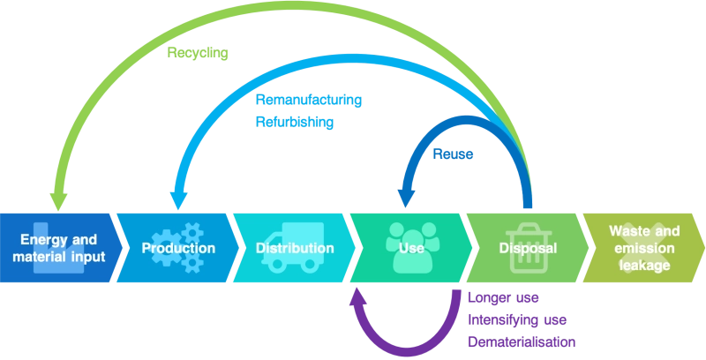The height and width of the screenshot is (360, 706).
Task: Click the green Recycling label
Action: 198,53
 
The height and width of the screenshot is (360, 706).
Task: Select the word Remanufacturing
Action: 309,100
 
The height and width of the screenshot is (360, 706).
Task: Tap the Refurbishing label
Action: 295,122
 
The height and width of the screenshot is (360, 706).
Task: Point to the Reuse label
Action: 453,154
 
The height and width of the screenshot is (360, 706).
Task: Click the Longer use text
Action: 503,298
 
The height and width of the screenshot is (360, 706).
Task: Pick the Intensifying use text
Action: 517,320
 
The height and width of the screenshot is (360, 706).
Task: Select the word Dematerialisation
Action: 522,342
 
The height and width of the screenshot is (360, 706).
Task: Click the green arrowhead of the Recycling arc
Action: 58,202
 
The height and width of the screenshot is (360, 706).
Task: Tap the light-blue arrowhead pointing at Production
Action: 179,201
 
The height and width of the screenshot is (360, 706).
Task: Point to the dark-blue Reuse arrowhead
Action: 405,199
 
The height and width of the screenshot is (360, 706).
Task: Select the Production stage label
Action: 179,248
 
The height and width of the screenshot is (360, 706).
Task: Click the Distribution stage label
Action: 295,248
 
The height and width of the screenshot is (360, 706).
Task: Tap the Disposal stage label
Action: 528,248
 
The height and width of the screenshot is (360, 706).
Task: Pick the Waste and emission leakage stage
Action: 644,248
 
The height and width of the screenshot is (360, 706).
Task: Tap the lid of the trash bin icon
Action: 528,231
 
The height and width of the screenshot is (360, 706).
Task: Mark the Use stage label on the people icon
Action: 411,248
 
